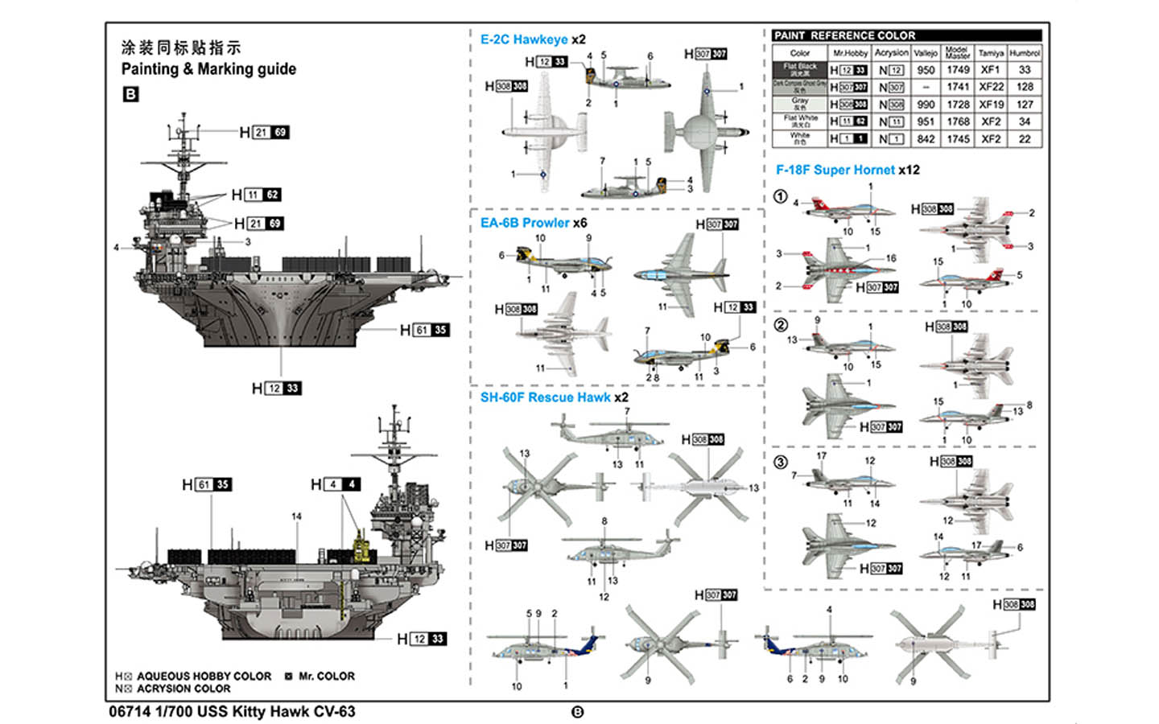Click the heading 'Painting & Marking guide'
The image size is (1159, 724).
208,69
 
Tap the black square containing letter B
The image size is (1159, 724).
130,94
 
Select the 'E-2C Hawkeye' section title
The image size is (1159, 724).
524,39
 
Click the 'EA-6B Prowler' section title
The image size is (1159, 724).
525,223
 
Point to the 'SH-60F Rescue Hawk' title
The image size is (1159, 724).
545,397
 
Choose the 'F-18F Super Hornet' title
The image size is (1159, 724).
835,170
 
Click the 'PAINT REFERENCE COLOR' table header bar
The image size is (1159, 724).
906,35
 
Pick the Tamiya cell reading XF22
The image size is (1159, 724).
991,87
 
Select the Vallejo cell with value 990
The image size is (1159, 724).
926,105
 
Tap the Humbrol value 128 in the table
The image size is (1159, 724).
1025,87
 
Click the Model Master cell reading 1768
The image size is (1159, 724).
958,121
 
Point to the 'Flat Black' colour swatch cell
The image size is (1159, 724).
800,70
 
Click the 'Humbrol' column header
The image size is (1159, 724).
1025,53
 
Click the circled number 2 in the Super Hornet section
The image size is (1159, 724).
781,325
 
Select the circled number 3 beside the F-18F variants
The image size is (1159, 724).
781,463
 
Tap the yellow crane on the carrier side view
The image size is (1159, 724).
362,547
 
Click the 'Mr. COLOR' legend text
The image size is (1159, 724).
326,677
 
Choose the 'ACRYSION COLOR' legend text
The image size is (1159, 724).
184,689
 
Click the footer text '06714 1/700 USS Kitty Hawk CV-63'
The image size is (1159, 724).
232,712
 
